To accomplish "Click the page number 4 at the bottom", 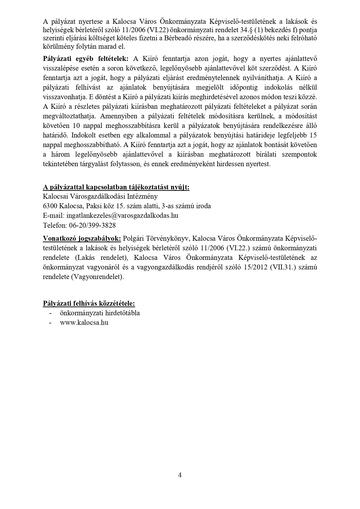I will [x=180, y=475].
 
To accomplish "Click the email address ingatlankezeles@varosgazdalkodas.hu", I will [x=122, y=215].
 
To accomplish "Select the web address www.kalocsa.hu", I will [x=84, y=322].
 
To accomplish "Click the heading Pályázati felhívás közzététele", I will [x=89, y=303].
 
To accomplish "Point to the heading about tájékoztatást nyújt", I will [x=116, y=187].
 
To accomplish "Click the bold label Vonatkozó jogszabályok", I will [x=82, y=238].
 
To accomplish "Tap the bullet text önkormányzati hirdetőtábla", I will [x=100, y=313].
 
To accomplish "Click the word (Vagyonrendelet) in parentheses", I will [x=97, y=277].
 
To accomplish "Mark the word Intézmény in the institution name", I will [x=143, y=196].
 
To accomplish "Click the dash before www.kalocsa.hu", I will [x=51, y=322].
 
